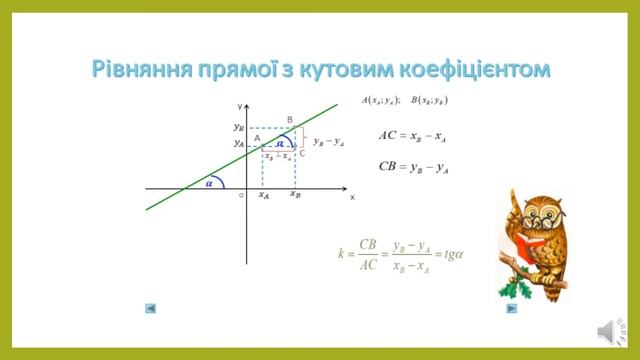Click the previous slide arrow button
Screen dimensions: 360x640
click(150, 309)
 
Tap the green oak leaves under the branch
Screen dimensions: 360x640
click(520, 290)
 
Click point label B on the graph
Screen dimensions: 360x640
click(290, 120)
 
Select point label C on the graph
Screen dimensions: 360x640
click(302, 153)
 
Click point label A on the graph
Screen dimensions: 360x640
click(257, 139)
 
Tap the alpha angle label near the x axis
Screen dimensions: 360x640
click(210, 183)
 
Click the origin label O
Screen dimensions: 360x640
click(241, 196)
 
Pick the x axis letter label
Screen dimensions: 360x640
click(352, 197)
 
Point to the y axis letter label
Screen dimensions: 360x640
click(240, 106)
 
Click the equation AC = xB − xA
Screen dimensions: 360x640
click(413, 136)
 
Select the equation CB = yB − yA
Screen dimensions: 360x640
click(413, 167)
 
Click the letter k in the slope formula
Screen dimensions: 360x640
click(341, 253)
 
